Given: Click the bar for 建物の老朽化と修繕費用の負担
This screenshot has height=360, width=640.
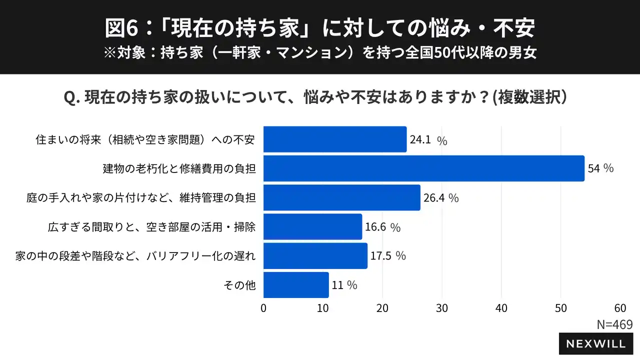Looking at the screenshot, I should tap(423, 168).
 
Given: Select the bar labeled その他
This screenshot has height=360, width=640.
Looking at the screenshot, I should tap(296, 285).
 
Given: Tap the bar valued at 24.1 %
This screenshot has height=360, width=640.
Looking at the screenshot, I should tap(335, 139).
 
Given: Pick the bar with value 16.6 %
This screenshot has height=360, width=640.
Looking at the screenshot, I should tap(312, 227).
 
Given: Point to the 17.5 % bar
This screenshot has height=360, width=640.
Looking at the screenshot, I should tap(315, 256).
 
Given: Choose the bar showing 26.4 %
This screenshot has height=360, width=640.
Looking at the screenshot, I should tap(341, 197).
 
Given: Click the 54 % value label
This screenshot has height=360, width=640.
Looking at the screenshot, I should tap(600, 168).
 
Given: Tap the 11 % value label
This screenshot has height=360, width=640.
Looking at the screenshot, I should tap(344, 285).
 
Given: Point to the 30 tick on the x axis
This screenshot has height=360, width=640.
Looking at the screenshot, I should tap(442, 308).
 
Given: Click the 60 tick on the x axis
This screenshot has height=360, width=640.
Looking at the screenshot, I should tap(620, 308).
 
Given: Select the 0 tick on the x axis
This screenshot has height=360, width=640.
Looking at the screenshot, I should tap(263, 308).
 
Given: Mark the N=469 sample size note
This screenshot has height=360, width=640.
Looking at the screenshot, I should tap(614, 324).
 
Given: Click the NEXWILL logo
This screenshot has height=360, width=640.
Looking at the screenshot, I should tap(595, 343).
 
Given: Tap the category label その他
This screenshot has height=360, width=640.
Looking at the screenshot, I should tap(240, 285).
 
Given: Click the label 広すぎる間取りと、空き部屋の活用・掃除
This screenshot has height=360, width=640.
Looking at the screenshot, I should tap(152, 227).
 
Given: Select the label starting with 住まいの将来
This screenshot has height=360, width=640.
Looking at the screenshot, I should tap(145, 140).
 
